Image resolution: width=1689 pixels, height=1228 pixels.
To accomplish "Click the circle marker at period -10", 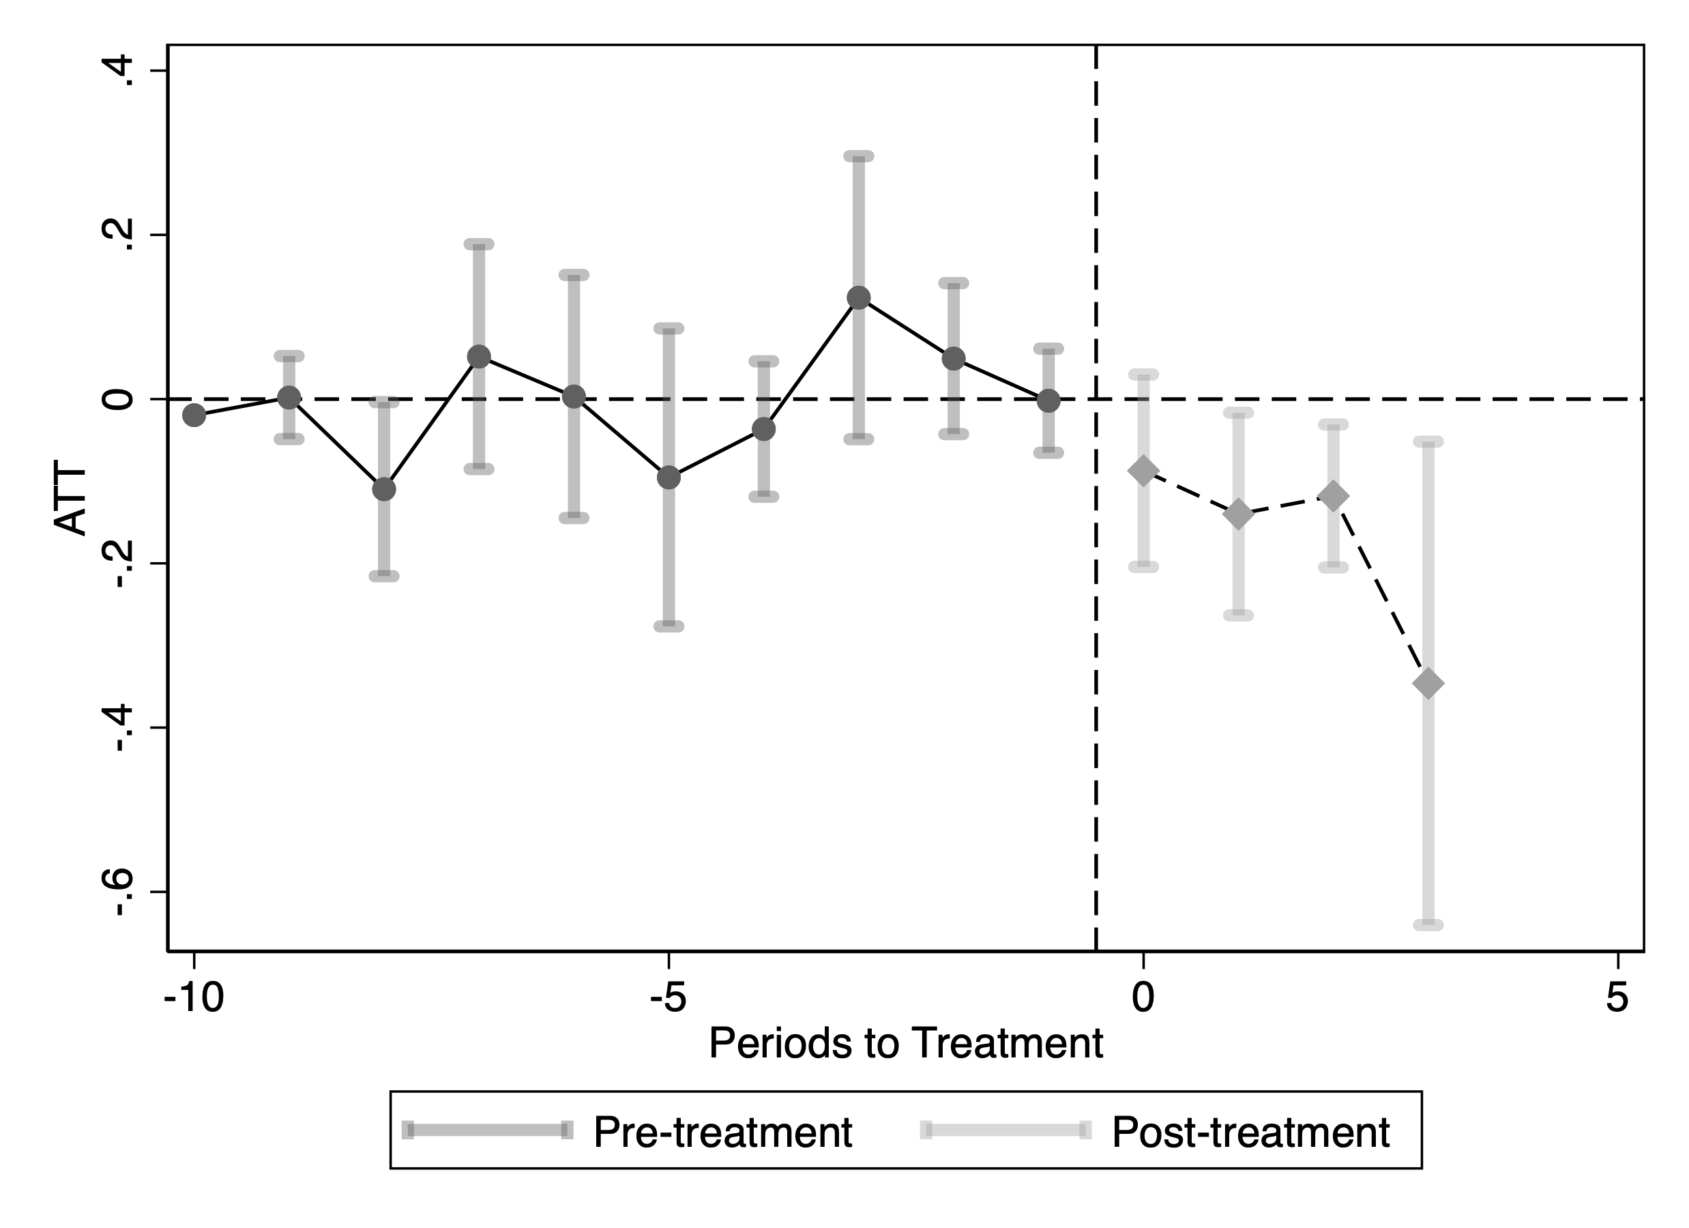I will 194,415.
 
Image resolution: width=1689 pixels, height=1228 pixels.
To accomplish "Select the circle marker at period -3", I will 859,299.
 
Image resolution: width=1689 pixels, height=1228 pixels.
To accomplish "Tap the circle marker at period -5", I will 669,478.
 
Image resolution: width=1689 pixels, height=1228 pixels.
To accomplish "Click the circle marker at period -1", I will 1048,400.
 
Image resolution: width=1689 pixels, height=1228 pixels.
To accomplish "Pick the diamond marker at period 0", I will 1144,470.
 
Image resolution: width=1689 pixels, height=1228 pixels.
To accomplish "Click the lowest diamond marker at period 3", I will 1428,684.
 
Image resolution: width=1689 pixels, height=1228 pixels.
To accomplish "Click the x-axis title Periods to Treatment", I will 906,1043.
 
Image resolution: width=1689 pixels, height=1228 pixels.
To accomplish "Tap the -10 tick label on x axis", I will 194,998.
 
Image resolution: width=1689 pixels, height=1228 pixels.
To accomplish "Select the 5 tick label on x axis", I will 1617,998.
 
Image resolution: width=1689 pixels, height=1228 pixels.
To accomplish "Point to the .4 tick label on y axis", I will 119,72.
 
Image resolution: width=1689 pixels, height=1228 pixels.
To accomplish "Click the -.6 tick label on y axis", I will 119,892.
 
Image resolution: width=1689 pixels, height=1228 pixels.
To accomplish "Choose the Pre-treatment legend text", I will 722,1132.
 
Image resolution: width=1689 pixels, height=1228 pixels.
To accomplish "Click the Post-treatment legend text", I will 1250,1132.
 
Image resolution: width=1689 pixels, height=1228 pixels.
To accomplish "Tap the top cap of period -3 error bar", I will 859,156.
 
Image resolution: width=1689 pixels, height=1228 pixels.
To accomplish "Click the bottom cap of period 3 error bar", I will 1428,925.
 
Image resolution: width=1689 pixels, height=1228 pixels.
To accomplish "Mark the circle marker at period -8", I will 383,489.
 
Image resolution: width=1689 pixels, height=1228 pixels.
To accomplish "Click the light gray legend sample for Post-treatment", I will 1006,1130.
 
